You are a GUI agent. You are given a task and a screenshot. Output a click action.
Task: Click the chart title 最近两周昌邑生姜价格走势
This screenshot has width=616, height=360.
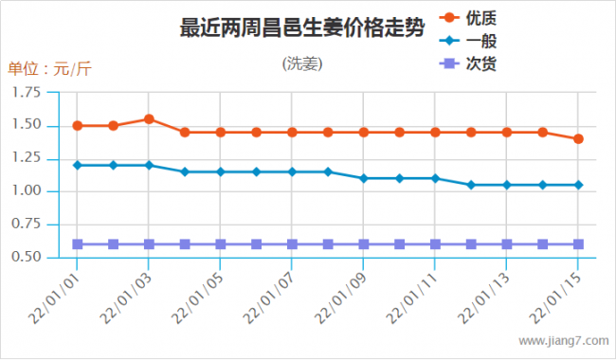point(301,27)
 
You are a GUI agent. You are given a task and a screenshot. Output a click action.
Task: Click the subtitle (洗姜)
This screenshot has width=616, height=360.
point(302,64)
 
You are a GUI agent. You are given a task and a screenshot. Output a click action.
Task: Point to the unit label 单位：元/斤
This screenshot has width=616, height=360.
point(49,68)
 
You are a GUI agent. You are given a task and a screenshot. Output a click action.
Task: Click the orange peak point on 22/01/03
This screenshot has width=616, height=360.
point(149,119)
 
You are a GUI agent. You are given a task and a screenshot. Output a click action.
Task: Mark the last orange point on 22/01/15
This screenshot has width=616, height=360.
point(578,139)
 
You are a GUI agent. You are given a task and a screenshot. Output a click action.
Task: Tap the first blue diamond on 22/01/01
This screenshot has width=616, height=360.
point(78,165)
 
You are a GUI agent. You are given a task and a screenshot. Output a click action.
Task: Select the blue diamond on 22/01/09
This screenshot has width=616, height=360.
point(364,178)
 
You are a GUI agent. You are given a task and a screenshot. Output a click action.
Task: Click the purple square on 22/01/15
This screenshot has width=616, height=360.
point(578,244)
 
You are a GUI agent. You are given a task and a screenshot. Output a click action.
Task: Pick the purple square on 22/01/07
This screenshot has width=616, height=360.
point(292,244)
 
